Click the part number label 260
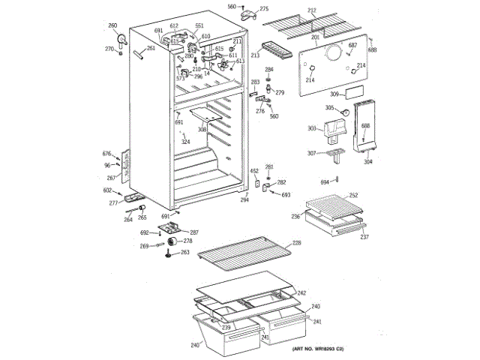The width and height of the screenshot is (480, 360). [x=112, y=26]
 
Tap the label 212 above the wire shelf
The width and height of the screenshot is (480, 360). [x=312, y=10]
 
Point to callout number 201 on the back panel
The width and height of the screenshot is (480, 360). [x=315, y=37]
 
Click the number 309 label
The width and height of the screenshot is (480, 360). [x=334, y=94]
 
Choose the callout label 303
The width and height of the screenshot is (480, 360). [x=312, y=129]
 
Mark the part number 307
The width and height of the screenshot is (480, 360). [x=312, y=154]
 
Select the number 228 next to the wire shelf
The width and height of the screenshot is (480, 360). [x=296, y=243]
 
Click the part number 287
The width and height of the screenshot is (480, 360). [x=193, y=232]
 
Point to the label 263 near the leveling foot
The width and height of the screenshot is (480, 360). [x=185, y=253]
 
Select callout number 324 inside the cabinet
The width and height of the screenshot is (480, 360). [x=185, y=141]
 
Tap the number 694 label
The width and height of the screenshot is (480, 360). [x=325, y=182]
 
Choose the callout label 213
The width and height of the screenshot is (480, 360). [x=254, y=55]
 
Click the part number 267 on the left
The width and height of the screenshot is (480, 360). [x=111, y=178]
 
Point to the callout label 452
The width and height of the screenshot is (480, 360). [x=254, y=170]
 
